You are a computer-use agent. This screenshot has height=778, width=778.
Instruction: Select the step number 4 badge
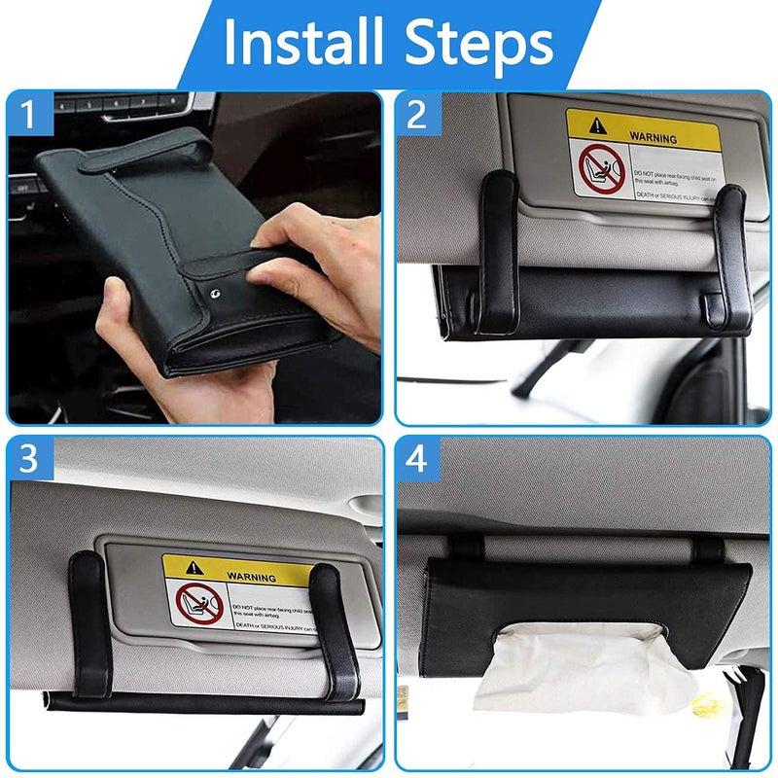pyautogui.click(x=417, y=458)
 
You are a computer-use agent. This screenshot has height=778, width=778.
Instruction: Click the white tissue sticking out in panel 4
pyautogui.click(x=545, y=671)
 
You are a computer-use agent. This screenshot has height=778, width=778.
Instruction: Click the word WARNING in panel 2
pyautogui.click(x=653, y=138)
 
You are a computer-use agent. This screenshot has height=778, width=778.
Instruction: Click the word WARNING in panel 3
pyautogui.click(x=250, y=576)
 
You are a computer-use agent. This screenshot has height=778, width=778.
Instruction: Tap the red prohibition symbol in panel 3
pyautogui.click(x=199, y=607)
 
